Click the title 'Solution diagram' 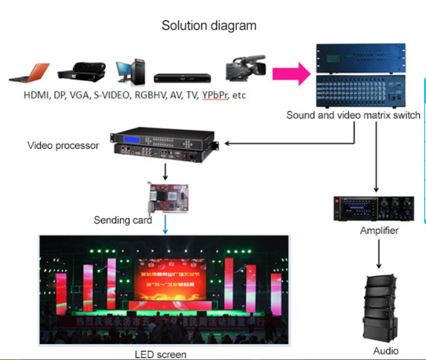(209, 26)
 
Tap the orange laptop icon (30, 74)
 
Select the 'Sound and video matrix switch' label (353, 115)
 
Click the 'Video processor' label (63, 146)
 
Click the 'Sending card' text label (123, 220)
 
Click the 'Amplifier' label (379, 231)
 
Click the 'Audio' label (385, 351)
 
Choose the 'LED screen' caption (160, 354)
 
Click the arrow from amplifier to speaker (379, 254)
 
